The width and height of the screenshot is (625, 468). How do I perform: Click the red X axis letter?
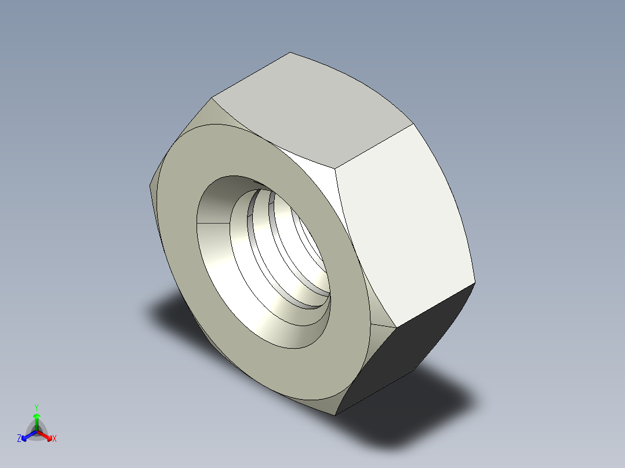tap(54, 439)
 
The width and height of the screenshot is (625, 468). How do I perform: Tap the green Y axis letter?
tap(37, 407)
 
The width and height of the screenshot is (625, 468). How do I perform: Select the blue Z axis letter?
tap(19, 439)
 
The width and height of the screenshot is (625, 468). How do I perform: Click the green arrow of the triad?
tap(37, 418)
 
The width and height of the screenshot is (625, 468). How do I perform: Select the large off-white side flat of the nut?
tap(406, 226)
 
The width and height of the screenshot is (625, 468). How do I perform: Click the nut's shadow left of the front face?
tap(168, 313)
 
